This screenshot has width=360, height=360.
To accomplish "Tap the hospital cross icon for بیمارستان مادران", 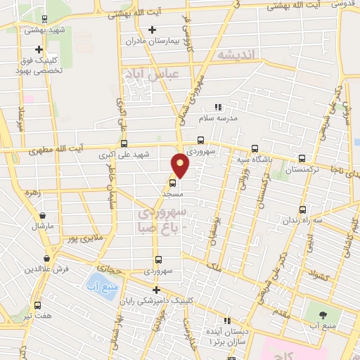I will pos(153,30).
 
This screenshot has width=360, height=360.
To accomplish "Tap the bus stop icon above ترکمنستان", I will pos(302,159).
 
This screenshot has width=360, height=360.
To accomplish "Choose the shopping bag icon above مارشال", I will pos(43,216).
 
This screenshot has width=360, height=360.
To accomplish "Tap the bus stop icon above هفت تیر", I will pos(37,306).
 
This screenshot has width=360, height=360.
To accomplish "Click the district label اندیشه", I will pos(234,55).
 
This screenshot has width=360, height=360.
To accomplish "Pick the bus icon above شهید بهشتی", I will pos(45,19).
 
